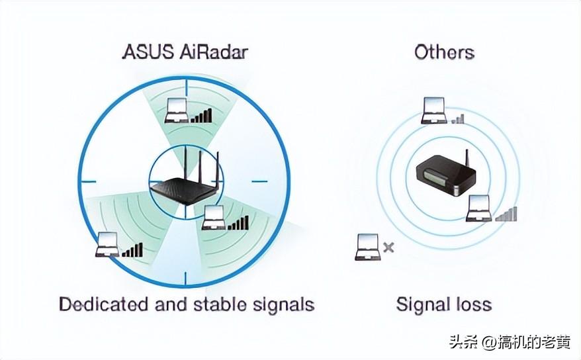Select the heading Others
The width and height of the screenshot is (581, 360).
[x=444, y=52]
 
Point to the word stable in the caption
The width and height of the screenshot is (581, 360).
[x=220, y=304]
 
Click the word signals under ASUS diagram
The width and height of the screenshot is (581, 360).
[x=284, y=304]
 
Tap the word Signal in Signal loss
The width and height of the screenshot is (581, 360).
[x=422, y=304]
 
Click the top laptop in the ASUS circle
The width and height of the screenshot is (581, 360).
[x=177, y=109]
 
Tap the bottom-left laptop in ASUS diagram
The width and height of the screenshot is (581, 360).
[x=107, y=244]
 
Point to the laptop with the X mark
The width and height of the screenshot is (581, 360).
[x=367, y=246]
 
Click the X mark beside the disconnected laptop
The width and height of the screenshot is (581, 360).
[x=389, y=247]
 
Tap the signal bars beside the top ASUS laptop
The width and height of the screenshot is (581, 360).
[x=202, y=116]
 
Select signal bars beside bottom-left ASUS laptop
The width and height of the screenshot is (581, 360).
[x=132, y=249]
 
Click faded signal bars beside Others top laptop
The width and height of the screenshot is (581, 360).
[x=458, y=118]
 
